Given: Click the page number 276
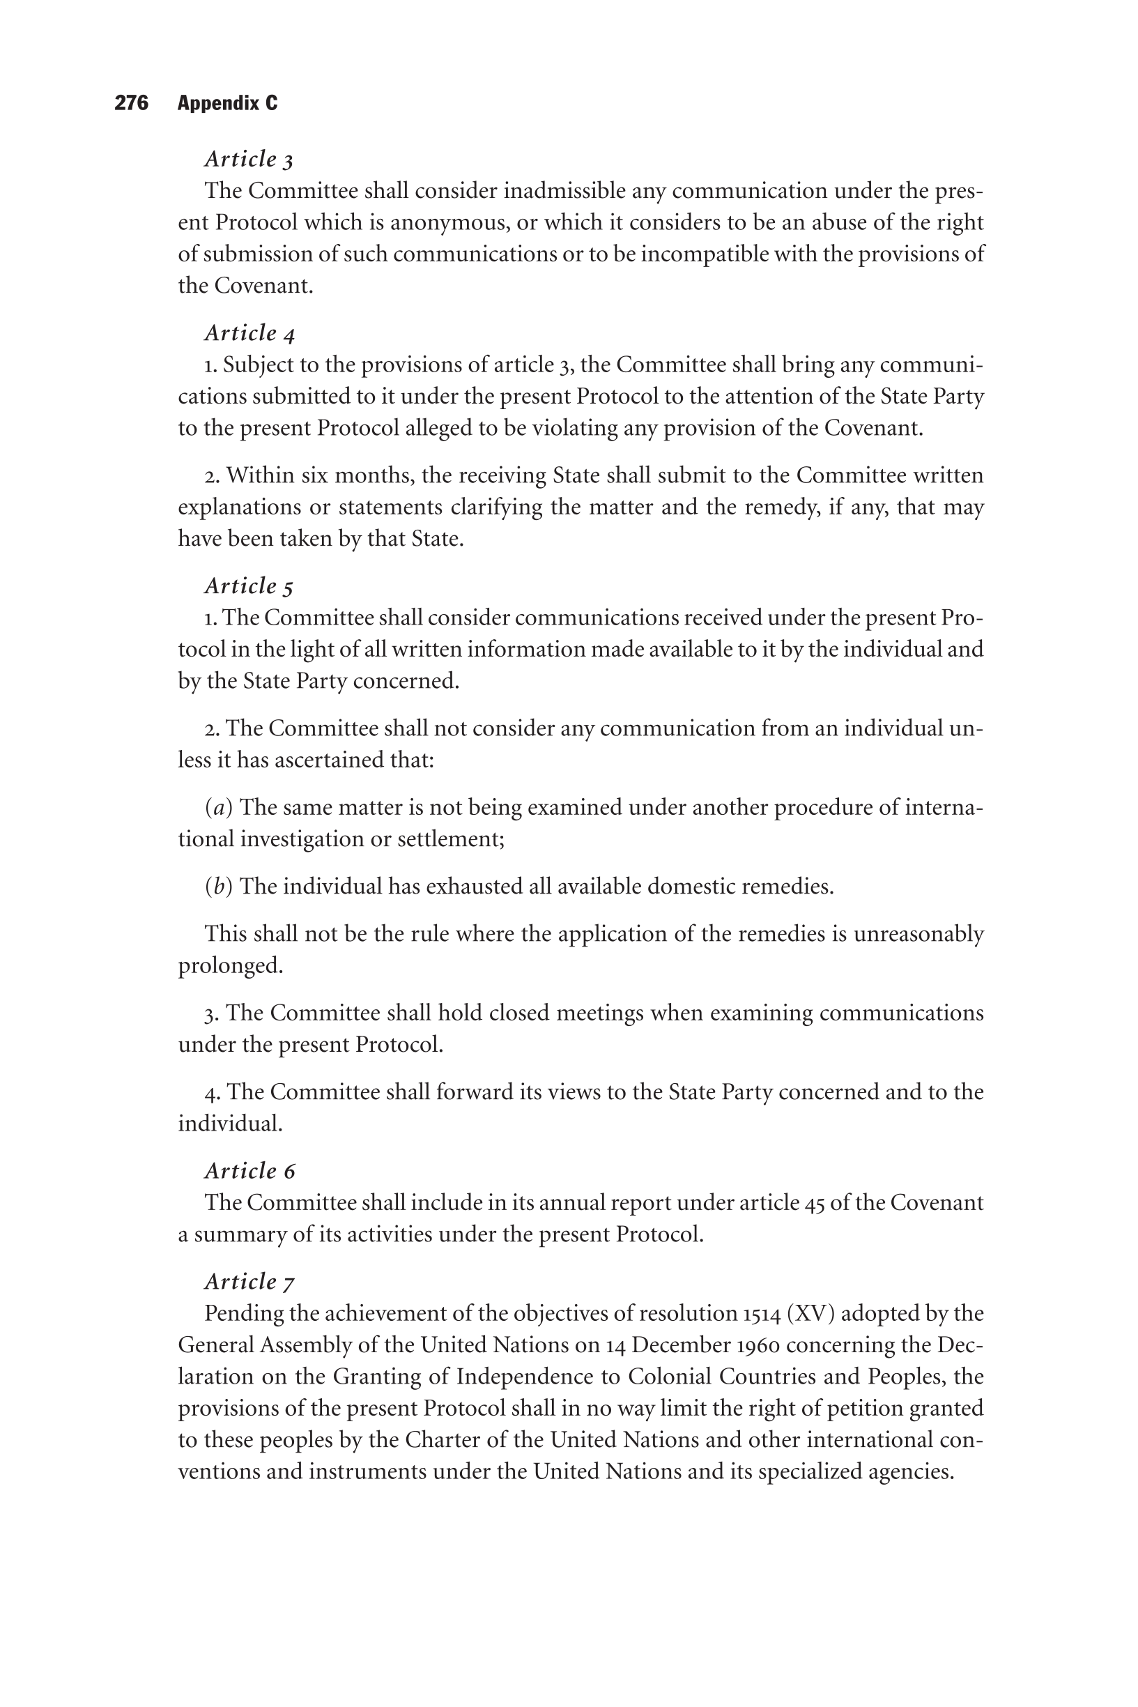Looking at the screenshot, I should point(132,103).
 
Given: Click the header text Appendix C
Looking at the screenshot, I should point(227,103).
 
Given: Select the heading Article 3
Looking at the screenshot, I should point(249,159).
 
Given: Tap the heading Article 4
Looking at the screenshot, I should point(249,333).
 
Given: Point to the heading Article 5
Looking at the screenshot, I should point(249,585).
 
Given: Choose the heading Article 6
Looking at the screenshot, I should point(249,1171).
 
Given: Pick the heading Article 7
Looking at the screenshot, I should point(249,1282).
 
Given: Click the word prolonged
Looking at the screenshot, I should point(230,966).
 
